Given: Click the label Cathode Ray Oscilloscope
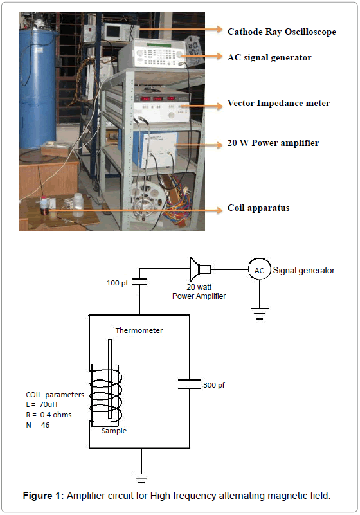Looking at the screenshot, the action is click(x=282, y=32).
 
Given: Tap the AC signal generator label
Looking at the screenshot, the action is click(x=269, y=57).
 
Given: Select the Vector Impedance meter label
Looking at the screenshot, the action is click(x=278, y=103).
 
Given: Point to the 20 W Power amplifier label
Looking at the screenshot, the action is click(x=273, y=143).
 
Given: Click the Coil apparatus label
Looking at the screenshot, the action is click(x=258, y=208).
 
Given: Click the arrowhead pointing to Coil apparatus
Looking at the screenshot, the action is click(x=219, y=210).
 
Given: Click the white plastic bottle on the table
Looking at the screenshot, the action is click(x=78, y=205).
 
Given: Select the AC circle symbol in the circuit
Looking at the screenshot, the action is click(x=260, y=270).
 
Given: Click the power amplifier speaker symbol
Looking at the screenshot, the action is click(x=200, y=269).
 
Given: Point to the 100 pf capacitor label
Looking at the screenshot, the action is click(x=117, y=283).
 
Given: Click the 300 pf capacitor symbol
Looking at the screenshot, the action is click(x=190, y=384).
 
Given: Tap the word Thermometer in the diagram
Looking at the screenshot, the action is click(x=139, y=330).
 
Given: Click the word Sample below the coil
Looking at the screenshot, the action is click(x=114, y=431).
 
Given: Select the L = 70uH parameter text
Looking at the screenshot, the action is click(x=42, y=404).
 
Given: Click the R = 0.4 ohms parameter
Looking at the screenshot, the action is click(x=49, y=415).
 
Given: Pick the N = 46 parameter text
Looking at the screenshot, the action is click(x=38, y=425).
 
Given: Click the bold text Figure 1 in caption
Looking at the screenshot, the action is click(x=43, y=496).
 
